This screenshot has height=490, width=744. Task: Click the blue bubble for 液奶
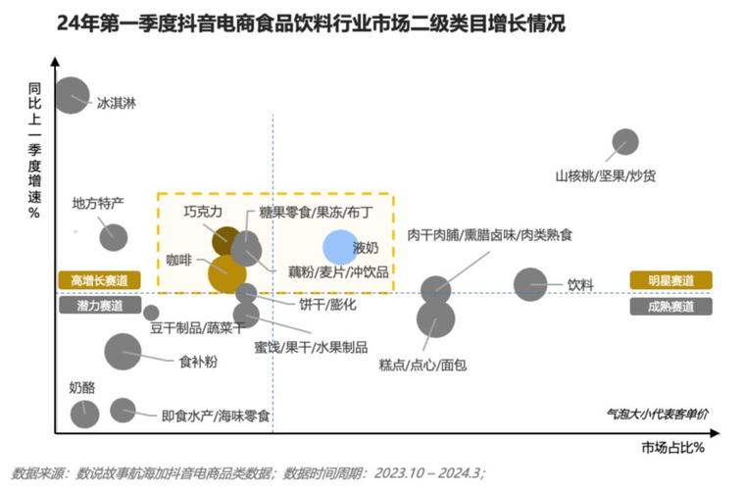coord(340,248)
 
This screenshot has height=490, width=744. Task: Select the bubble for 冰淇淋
coord(72,95)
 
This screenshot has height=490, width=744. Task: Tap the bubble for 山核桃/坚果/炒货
coord(624,143)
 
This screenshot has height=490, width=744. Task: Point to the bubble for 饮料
coord(531,285)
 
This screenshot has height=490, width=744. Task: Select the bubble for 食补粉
coord(123,351)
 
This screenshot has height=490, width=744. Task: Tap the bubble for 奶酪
coord(84,414)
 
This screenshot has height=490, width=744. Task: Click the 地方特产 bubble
coord(114,237)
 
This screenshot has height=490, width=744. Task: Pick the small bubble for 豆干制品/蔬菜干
coord(151,313)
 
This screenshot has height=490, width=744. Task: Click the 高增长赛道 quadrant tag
coord(99,280)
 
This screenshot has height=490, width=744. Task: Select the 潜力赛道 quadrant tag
coord(99,306)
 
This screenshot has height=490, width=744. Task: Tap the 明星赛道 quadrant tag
coord(671,280)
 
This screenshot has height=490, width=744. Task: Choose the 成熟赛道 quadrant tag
coord(671,306)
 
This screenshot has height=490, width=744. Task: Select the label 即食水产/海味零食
coord(216,416)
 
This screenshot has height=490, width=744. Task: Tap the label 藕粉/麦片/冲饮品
coord(338,270)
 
